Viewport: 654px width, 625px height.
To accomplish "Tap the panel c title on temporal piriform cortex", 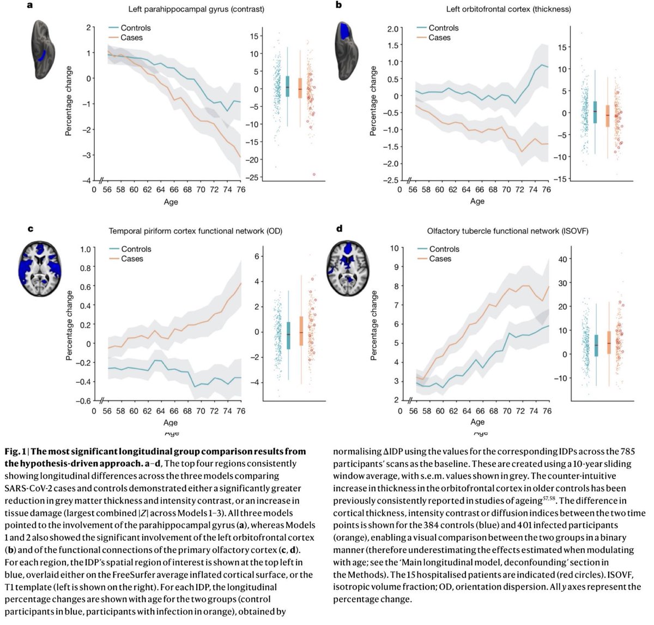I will [x=195, y=231].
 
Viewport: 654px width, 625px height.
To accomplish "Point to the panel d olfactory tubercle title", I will [x=498, y=231].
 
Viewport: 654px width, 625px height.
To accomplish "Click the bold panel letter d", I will [x=339, y=228].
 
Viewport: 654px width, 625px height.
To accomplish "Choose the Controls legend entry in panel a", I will [x=135, y=28].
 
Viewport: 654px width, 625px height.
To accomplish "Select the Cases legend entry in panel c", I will [x=132, y=259].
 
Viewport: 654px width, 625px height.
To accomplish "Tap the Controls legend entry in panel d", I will [x=444, y=249].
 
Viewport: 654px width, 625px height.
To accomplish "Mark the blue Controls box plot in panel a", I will [x=287, y=86].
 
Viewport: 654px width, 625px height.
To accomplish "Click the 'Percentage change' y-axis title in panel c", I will [x=69, y=325].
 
